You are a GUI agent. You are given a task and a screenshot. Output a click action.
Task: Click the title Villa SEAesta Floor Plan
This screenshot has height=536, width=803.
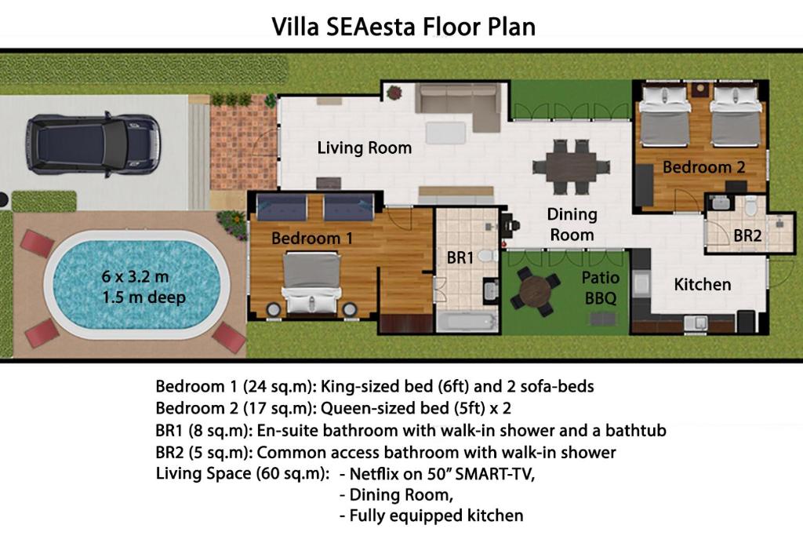tap(404, 27)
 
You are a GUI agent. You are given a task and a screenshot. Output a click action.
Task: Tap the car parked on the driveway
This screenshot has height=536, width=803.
tap(93, 144)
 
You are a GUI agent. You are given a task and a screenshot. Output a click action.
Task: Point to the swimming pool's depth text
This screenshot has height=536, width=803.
tap(144, 297)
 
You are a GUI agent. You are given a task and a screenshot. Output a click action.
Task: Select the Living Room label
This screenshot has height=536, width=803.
tap(365, 148)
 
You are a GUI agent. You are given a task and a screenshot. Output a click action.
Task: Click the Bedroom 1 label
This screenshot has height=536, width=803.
tap(312, 239)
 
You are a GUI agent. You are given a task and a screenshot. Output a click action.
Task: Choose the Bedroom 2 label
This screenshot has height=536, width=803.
tap(703, 167)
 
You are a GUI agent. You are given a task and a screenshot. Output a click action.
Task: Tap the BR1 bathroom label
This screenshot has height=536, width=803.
tap(460, 257)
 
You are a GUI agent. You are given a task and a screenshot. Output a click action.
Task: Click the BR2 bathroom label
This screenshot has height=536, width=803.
tap(747, 235)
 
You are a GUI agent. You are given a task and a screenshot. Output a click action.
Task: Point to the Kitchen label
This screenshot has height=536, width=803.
tap(702, 284)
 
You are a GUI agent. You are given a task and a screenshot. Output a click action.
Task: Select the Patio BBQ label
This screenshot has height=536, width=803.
tap(600, 288)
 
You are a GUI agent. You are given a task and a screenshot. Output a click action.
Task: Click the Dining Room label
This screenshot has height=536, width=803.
tap(572, 224)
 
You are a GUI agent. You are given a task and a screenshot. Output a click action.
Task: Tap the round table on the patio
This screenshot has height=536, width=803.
tap(535, 291)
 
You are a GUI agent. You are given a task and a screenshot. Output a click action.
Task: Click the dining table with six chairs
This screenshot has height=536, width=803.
tap(571, 167)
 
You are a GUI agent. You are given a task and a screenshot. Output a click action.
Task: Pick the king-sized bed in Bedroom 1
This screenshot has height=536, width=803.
tap(312, 283)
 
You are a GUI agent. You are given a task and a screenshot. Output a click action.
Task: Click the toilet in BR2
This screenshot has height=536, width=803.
tap(750, 206)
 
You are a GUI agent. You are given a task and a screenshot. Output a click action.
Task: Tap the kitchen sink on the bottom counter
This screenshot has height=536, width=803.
tap(696, 323)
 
